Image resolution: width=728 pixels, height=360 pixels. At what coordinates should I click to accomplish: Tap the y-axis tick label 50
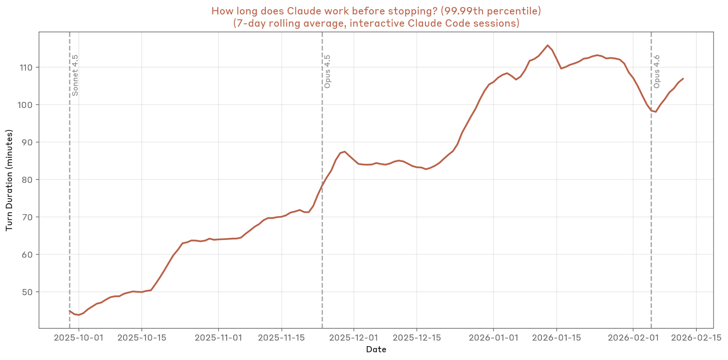coord(27,292)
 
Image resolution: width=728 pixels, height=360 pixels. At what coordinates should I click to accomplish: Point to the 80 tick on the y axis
coord(27,180)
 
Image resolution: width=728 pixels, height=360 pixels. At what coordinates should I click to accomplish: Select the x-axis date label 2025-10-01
coord(79,338)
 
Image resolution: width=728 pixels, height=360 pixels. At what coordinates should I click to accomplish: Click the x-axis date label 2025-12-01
coord(354,338)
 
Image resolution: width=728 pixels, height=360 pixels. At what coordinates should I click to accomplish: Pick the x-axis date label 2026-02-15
coord(696,338)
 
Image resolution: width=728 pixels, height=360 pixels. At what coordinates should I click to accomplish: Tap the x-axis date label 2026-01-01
coord(493,338)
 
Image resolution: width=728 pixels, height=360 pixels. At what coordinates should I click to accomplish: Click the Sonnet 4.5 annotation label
coord(75,75)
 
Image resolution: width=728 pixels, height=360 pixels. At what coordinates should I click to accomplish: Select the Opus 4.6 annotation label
coord(657,71)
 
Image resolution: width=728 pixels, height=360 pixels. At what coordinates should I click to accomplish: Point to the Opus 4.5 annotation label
coord(327,71)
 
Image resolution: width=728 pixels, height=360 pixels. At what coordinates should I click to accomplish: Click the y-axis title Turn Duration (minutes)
coord(9,180)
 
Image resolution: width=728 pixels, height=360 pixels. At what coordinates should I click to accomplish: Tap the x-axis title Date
coord(376,350)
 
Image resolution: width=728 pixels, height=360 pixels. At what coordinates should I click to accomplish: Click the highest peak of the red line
coord(547,45)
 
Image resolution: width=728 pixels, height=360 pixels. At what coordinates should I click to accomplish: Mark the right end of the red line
coord(683,79)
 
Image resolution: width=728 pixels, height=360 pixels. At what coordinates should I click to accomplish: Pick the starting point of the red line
coord(69,311)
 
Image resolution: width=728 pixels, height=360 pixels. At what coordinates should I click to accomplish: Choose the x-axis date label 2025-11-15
coord(282,338)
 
